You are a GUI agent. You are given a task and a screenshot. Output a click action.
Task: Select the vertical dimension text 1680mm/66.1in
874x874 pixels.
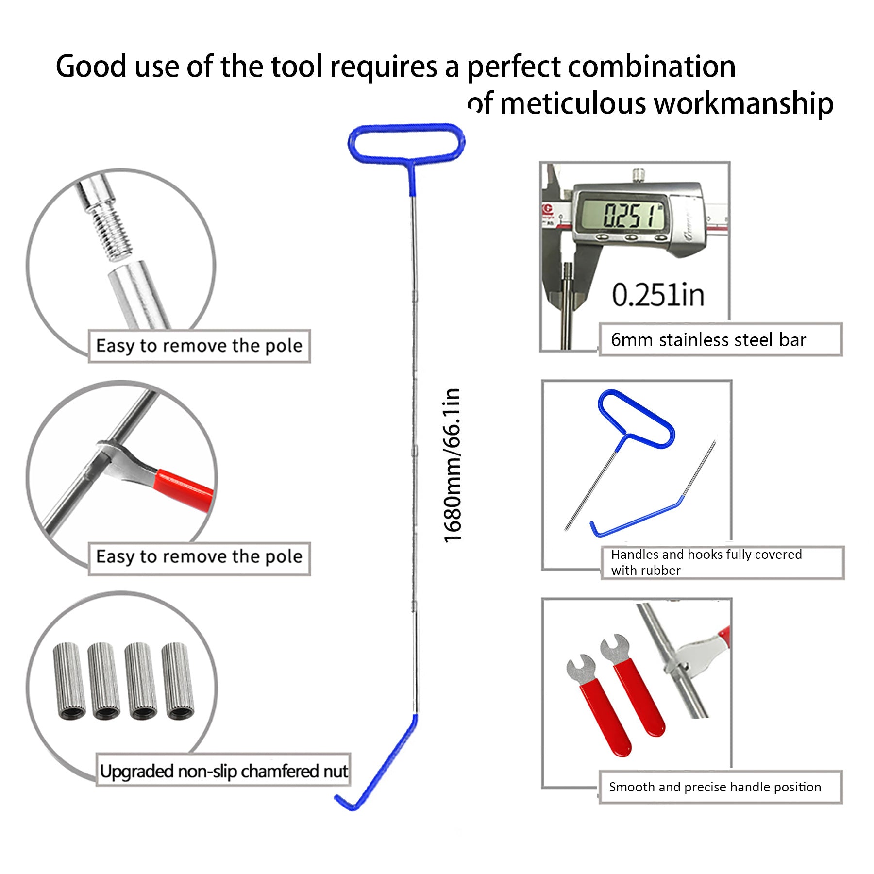[x=452, y=465]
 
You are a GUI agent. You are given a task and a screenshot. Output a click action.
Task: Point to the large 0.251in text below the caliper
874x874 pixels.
[x=658, y=295]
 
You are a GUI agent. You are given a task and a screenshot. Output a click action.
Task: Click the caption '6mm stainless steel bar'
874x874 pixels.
[x=708, y=340]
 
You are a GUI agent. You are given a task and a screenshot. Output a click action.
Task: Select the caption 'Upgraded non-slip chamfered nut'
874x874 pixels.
[x=223, y=771]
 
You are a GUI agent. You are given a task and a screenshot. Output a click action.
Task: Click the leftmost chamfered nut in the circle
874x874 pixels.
[x=69, y=681]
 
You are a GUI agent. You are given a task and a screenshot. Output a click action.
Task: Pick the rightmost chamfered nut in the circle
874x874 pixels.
[x=178, y=681]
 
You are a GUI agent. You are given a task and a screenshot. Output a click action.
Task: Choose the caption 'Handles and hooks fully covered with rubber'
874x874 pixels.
[x=706, y=562]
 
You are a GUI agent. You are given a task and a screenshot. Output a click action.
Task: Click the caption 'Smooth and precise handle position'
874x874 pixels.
[x=715, y=787]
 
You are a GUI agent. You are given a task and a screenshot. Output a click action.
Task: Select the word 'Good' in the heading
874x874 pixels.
[x=91, y=66]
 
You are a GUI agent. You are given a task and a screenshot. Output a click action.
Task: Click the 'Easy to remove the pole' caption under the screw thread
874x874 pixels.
[x=199, y=346]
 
